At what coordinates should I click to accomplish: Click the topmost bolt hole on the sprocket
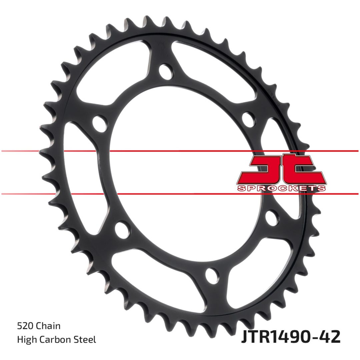point(165,72)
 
